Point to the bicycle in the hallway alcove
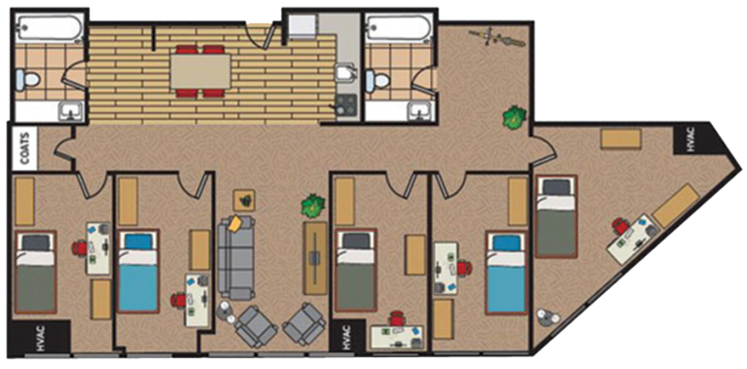[497, 38]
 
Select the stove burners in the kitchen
[346, 105]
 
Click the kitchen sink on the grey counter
[345, 75]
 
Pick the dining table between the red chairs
[201, 71]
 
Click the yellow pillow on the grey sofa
[234, 223]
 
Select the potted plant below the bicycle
[515, 118]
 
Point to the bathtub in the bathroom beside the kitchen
[399, 27]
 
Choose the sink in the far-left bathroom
[71, 112]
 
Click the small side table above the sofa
[244, 201]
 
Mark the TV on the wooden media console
[315, 258]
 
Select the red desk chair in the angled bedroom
[621, 226]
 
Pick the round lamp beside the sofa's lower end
[227, 313]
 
